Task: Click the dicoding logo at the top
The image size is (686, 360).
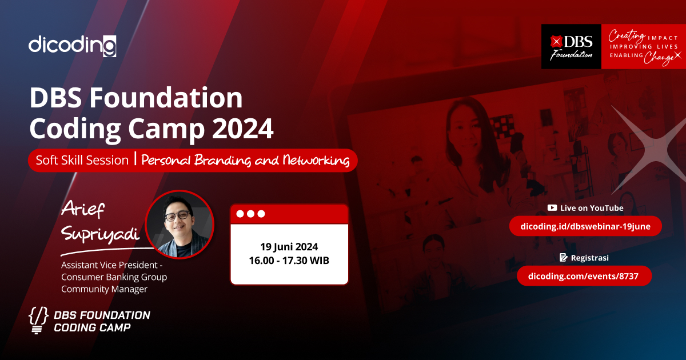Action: point(73,45)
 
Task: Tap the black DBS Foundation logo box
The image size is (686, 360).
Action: point(571,47)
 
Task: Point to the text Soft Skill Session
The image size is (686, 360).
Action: point(82,160)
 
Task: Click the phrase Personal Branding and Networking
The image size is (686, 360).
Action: point(245,161)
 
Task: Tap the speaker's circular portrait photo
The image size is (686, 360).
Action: point(180,225)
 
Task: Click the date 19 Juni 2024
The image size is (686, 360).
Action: point(289,247)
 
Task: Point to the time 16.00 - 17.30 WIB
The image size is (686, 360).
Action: point(289,261)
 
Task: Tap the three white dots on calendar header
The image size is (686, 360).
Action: point(250,214)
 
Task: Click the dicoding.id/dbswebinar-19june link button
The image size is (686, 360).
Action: point(585,226)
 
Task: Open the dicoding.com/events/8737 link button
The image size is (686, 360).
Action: point(584,276)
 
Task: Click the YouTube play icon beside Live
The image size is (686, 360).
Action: point(552,208)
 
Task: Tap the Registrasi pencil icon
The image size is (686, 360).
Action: point(563,258)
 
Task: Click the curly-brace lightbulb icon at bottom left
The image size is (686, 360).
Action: point(38,321)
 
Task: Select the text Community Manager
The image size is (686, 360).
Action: point(105,289)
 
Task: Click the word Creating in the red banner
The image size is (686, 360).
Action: point(627,35)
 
